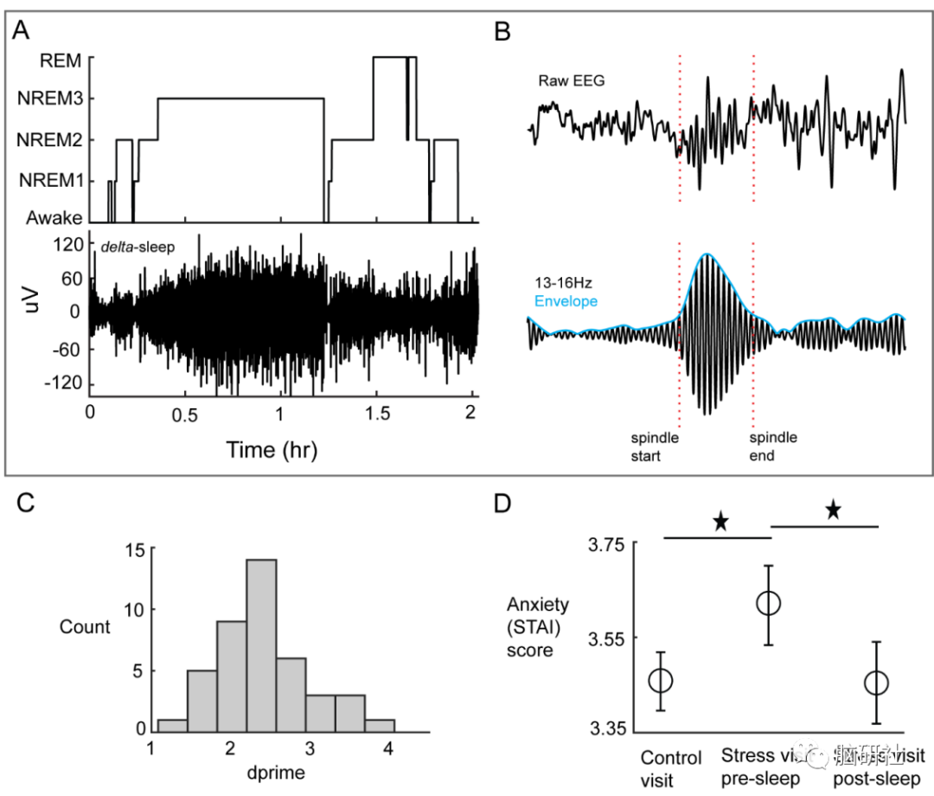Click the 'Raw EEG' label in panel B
pos(571,81)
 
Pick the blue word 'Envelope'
pos(566,302)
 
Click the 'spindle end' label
pos(773,446)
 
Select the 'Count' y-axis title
pos(84,626)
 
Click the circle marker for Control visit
pos(661,680)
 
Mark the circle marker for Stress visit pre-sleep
pos(769,604)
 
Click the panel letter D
pos(502,504)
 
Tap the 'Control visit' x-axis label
pos(671,767)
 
